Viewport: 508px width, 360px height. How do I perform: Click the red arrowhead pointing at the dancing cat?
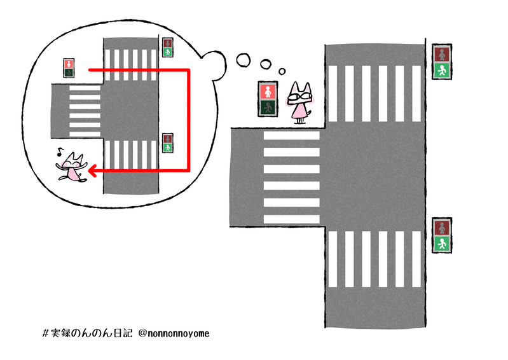[x=92, y=170]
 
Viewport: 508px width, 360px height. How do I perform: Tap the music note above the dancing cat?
[x=60, y=151]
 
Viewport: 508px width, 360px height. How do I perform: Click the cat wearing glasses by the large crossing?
[x=299, y=102]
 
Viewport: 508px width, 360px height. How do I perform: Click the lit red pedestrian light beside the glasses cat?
[x=268, y=91]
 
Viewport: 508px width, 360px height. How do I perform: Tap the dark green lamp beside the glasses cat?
[x=268, y=107]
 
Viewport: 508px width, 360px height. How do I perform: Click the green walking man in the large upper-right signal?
[x=442, y=71]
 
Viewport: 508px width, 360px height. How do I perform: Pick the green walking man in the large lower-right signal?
[x=442, y=244]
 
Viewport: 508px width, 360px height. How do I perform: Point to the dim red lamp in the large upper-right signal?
[x=442, y=54]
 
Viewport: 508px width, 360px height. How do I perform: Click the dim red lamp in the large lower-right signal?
[x=442, y=228]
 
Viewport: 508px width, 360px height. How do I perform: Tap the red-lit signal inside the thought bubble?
[x=69, y=68]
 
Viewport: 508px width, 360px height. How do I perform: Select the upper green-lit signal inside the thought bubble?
[x=167, y=47]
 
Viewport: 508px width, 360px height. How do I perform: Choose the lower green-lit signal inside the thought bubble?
[x=167, y=143]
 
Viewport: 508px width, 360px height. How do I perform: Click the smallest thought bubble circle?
[x=282, y=71]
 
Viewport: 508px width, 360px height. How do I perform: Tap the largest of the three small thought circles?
[x=244, y=60]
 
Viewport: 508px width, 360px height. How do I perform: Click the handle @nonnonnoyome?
[x=174, y=333]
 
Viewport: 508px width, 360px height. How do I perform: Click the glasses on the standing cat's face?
[x=298, y=97]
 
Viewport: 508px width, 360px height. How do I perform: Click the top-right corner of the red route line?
[x=188, y=70]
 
